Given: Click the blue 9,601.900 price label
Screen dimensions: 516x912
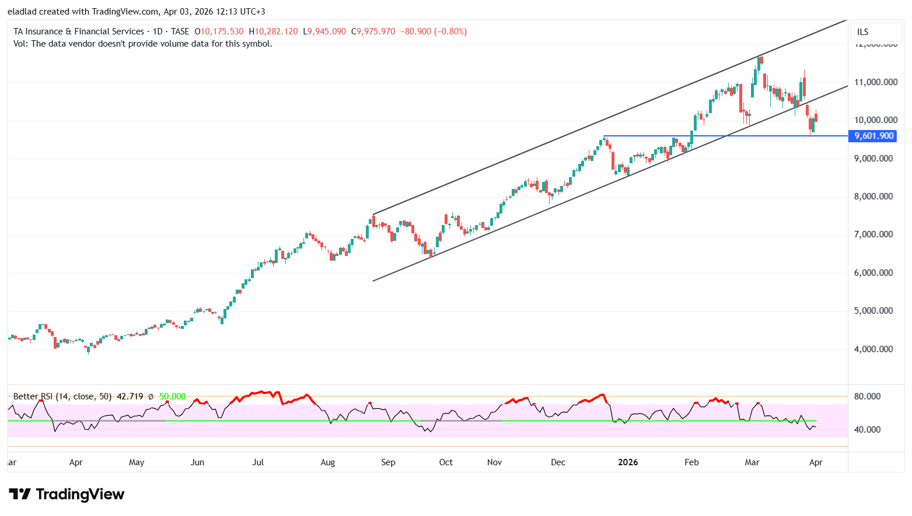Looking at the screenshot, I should [874, 136].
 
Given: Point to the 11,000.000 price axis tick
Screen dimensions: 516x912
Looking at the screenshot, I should [875, 82].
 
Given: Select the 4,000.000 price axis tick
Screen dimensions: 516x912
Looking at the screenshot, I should [873, 349].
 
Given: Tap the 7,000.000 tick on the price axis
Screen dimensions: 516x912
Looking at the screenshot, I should [873, 234].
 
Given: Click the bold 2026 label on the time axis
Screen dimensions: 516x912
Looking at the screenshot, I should [628, 462].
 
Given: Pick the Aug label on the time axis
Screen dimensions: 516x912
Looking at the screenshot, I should [328, 462].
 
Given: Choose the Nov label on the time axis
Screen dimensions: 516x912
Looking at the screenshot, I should [494, 462].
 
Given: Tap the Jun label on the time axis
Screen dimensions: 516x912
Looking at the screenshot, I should [197, 462].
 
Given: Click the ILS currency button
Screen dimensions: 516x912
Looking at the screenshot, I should [862, 32].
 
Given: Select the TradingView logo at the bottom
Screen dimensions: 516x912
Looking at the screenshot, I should [67, 494].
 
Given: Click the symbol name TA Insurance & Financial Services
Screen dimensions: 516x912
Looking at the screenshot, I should [79, 31].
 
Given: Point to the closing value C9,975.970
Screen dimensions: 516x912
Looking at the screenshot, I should [373, 31].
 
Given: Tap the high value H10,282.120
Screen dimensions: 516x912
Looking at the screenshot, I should [273, 31].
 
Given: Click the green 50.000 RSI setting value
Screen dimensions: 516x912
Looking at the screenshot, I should [173, 396].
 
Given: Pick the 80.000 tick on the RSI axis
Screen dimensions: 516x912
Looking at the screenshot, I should [867, 396].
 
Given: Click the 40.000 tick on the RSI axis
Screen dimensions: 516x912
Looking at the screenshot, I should [867, 430].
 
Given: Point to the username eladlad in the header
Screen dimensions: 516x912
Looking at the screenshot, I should [22, 12].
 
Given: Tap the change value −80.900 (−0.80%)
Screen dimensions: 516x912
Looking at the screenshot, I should [434, 31].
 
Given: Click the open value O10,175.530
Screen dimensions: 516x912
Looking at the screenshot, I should [219, 31].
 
